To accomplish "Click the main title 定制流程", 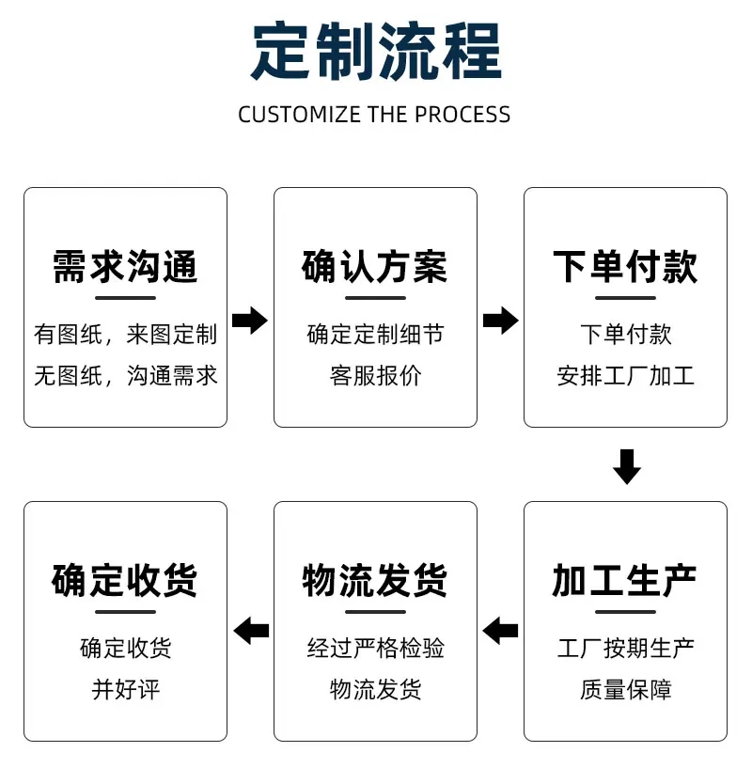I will coord(375,52).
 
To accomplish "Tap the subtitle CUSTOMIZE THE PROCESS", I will coord(374,115).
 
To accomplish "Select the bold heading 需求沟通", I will coord(125,267).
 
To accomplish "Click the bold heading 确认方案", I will coord(375,267).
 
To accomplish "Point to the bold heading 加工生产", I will coord(625,581).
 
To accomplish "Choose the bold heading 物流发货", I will coord(375,581).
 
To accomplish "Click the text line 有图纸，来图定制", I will coord(125,334).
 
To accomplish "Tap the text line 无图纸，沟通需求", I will coord(125,376).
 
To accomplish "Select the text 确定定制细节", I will coord(375,334).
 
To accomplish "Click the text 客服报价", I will coord(375,376).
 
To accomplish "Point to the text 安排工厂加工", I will coord(625,376).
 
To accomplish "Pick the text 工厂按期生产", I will coord(625,648).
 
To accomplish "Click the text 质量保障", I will coord(625,690).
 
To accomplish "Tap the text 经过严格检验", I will coord(375,648).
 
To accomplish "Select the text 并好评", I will coord(125,690).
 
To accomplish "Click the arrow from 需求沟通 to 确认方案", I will coord(249,321).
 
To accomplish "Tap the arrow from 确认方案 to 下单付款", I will coord(500,321).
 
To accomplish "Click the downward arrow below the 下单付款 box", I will coord(626,466).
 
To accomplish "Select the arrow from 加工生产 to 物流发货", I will coord(500,630).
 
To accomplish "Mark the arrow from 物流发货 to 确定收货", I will coord(251,630).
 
